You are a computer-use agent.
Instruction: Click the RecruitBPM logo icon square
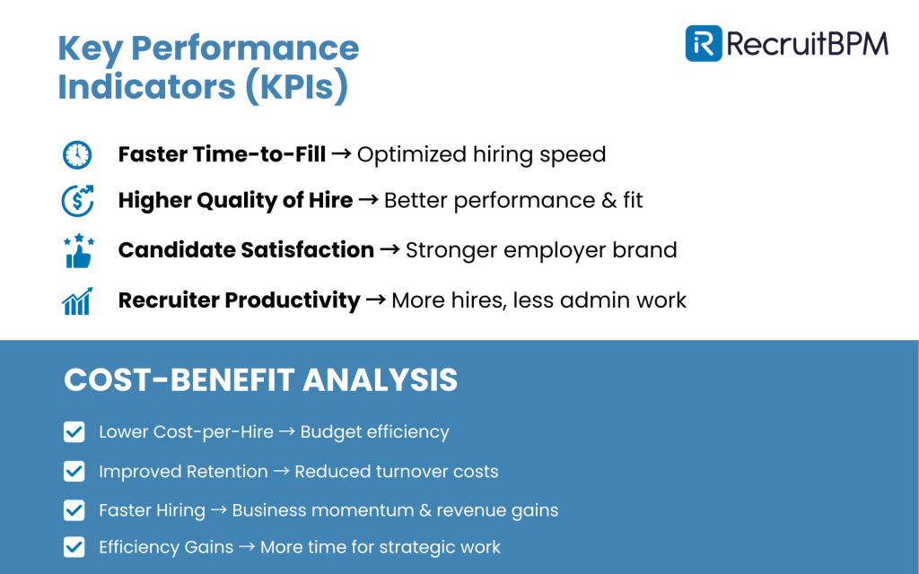coord(704,43)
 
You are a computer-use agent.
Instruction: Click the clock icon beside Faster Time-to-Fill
coord(77,155)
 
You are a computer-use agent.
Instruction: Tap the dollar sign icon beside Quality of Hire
coord(77,201)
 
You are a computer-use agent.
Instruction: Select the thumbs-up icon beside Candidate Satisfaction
coord(79,251)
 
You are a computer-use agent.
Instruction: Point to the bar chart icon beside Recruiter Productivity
coord(77,301)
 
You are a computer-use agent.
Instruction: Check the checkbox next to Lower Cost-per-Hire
coord(74,432)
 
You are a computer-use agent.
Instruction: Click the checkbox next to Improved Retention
coord(74,472)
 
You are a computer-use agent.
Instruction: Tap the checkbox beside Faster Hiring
coord(74,510)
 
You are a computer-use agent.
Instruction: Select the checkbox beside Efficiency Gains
coord(74,547)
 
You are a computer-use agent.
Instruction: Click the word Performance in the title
coord(245,48)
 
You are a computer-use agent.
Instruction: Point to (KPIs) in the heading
coord(296,87)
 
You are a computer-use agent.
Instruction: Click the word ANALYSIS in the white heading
coord(380,379)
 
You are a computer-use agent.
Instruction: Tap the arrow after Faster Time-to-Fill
coord(341,154)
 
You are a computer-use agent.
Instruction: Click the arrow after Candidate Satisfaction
coord(389,249)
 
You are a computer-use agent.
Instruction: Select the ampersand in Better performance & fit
coord(609,200)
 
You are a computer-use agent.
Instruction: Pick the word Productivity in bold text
coord(293,300)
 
